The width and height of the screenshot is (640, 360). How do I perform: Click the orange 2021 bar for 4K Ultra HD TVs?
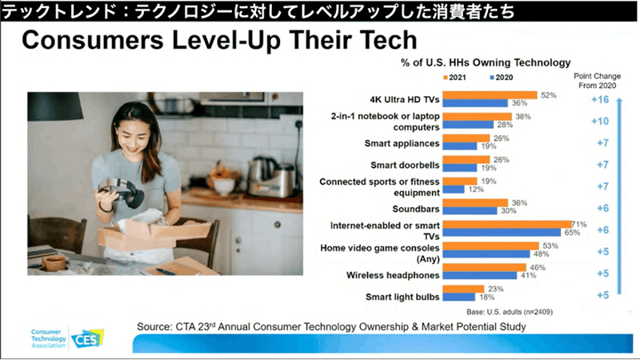point(490,95)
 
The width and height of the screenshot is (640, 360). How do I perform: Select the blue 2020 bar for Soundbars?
point(470,210)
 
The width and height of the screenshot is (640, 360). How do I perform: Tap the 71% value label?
point(578,224)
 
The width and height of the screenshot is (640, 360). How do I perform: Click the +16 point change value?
point(600,99)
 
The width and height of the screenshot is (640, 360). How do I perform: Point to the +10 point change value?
point(600,122)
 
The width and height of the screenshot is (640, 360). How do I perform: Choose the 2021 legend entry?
point(454,78)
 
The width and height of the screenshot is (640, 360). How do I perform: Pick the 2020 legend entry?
point(502,78)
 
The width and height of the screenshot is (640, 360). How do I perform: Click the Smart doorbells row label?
point(405,165)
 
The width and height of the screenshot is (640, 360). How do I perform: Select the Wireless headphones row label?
point(393,275)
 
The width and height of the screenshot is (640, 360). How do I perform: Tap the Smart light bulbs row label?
point(402,297)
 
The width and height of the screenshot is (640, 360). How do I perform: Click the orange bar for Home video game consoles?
point(491,246)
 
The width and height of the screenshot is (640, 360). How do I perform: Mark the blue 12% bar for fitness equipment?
point(454,190)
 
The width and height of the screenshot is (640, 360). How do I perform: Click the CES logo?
point(87,338)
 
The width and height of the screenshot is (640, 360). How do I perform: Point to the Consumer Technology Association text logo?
point(48,338)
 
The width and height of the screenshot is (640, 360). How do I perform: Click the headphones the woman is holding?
point(122,192)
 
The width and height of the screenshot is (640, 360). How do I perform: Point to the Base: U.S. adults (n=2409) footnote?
point(510,312)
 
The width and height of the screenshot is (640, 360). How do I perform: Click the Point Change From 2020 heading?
point(597,81)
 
